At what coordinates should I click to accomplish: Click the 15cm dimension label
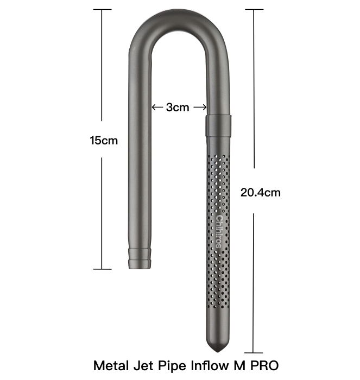[x=104, y=141]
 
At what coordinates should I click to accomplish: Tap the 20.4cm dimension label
[x=260, y=192]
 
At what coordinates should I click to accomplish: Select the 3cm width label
[x=178, y=107]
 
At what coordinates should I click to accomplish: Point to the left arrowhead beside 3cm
[x=154, y=107]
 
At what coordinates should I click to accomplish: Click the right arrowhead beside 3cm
[x=205, y=107]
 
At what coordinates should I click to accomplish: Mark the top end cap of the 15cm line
[x=102, y=10]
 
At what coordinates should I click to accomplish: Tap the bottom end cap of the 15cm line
[x=102, y=269]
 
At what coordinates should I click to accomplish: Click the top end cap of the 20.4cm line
[x=254, y=10]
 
